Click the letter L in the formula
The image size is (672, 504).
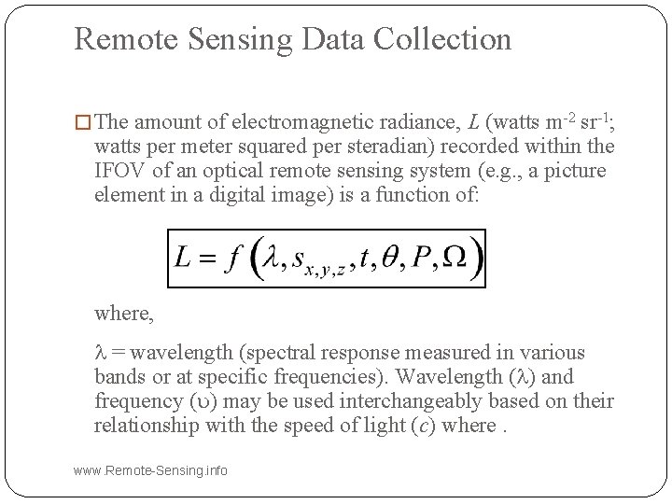click(184, 257)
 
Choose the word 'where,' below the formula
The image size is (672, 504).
click(124, 313)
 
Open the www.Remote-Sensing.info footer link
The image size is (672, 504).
click(150, 470)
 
